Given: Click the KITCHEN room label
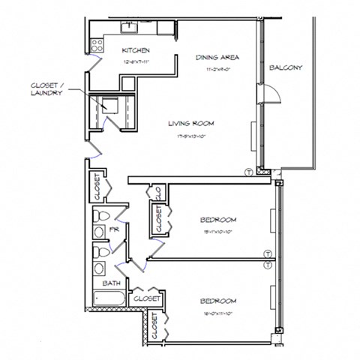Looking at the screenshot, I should pos(141,51).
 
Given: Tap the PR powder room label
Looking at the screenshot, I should pos(115,229).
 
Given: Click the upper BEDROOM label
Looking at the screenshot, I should pos(218,220).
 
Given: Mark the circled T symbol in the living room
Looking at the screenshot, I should pos(248,172).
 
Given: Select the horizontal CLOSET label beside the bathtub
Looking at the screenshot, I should pos(146,299).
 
